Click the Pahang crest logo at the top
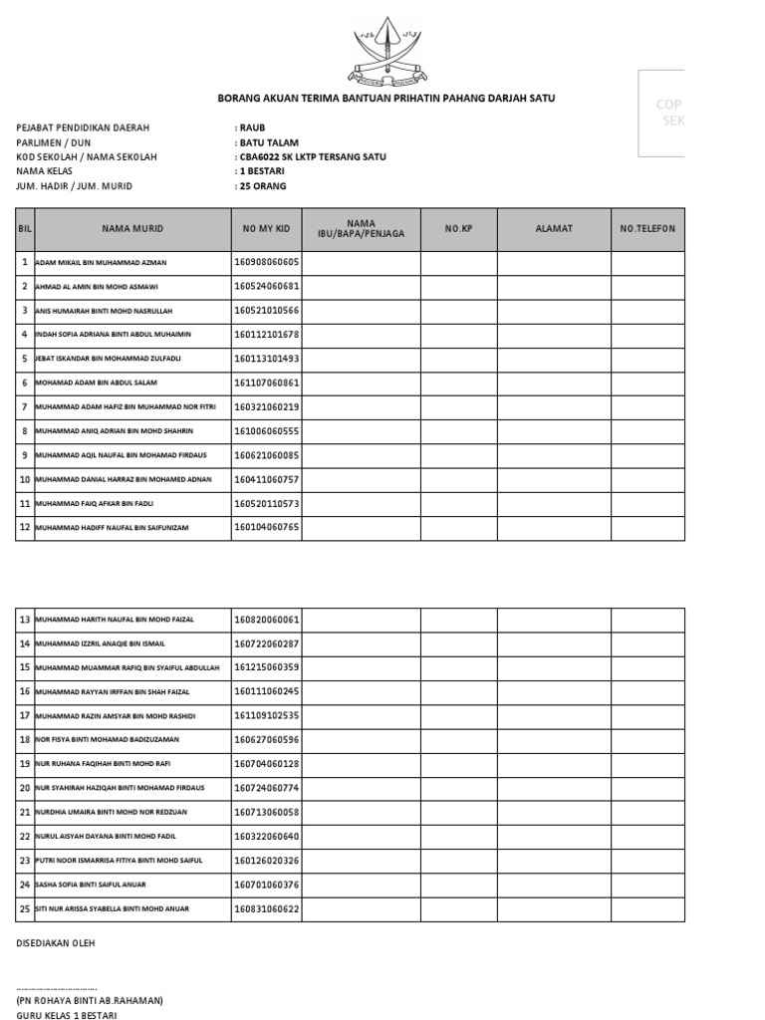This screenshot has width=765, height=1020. point(385,55)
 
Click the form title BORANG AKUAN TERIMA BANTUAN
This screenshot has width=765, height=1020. point(386,99)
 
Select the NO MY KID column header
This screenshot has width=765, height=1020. point(266,229)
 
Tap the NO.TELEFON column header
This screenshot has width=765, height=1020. point(647,229)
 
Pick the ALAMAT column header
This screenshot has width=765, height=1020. point(554,229)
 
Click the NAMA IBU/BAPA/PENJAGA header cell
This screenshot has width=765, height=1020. point(362,229)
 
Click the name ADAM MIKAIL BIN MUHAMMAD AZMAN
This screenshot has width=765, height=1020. point(101,263)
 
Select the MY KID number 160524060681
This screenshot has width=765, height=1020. point(266,286)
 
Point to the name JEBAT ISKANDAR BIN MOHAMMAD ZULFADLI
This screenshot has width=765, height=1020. point(108,359)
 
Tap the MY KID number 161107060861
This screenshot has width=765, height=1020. point(266,382)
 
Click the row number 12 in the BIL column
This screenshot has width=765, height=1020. point(25,527)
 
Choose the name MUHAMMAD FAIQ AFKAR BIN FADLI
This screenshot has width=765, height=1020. point(97,504)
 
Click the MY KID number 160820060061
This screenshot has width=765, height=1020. point(266,620)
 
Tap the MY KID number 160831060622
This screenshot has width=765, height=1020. point(266,908)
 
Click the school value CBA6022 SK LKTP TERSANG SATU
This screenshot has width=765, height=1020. point(312,157)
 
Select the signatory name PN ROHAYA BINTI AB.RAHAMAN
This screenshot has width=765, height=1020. point(90,1000)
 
